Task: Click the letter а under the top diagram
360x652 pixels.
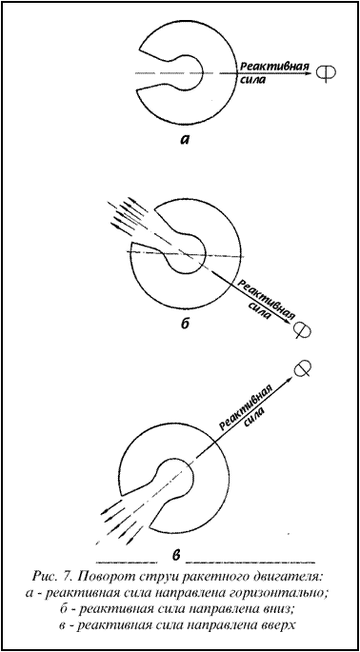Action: [185, 141]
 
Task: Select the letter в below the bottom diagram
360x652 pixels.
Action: [176, 555]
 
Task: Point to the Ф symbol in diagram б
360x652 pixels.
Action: [302, 331]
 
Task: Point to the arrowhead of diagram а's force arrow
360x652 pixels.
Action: [308, 73]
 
